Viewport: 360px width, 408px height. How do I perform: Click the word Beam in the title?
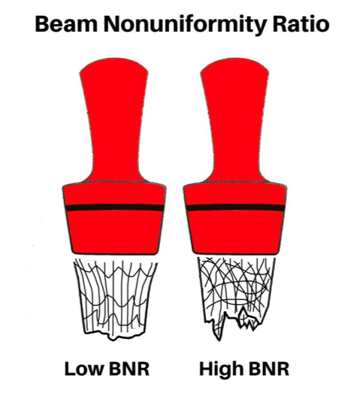(66, 24)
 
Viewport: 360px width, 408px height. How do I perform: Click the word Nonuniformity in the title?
(185, 25)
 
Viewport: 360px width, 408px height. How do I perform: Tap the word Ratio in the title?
(301, 24)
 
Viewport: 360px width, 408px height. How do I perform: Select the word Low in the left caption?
(84, 368)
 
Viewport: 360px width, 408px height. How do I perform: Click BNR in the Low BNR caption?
(129, 368)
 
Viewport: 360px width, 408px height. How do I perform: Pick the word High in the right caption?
(220, 369)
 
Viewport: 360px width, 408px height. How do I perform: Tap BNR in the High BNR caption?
(268, 368)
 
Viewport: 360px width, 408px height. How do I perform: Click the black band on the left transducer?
(114, 207)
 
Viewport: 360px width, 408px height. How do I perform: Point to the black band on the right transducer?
(235, 207)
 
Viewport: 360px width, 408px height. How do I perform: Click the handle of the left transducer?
(114, 119)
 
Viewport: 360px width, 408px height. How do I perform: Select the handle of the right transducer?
(234, 119)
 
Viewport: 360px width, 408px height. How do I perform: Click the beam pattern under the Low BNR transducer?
(116, 299)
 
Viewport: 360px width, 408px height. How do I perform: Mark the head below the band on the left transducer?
(114, 232)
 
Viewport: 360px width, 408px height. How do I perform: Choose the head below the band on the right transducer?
(235, 232)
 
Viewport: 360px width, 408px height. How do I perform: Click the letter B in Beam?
(41, 24)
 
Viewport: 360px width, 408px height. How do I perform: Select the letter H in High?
(206, 368)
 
